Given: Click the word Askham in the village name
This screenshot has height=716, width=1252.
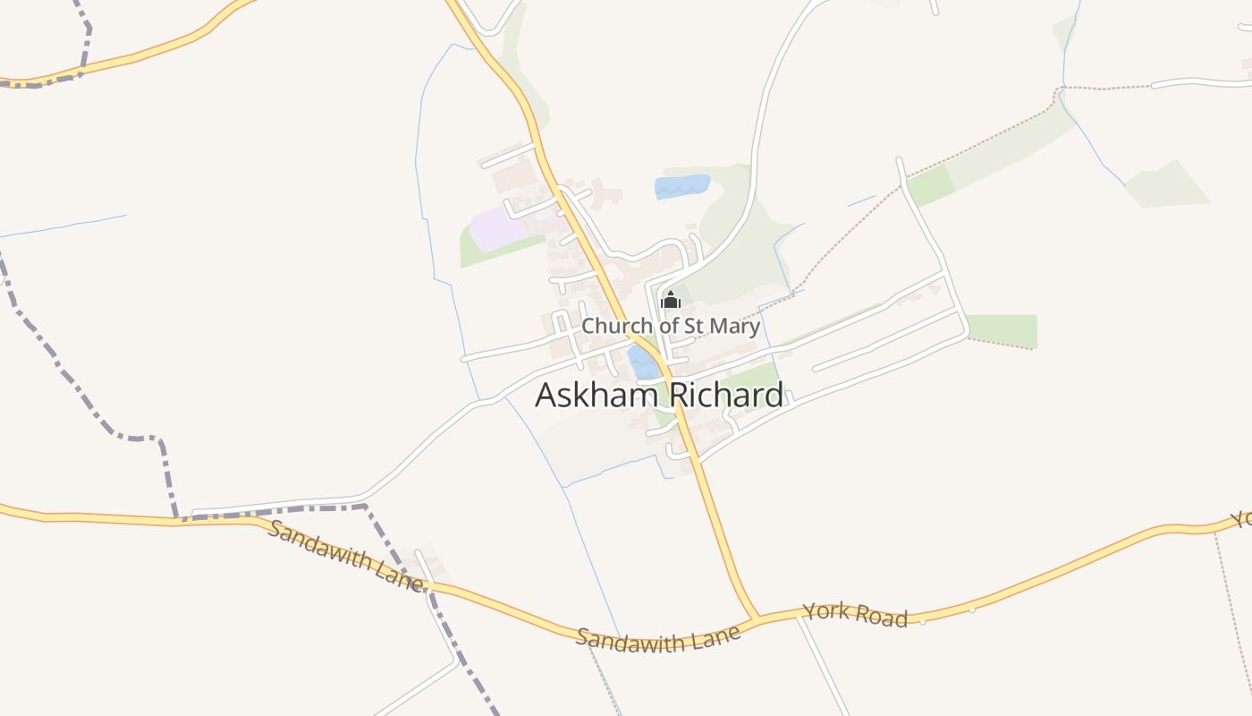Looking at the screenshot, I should (592, 395).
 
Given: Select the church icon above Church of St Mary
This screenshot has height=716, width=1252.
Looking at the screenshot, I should (670, 301).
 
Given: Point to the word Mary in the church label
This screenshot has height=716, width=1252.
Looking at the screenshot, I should (738, 326).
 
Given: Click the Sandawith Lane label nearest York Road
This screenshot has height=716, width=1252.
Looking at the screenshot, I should (658, 638).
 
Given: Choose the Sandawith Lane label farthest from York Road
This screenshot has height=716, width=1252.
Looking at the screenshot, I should (344, 554).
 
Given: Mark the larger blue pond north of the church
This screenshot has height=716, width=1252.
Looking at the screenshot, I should (681, 186).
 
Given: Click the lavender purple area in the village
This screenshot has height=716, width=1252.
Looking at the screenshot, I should (497, 227).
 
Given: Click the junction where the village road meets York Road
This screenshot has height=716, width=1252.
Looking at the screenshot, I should (757, 618).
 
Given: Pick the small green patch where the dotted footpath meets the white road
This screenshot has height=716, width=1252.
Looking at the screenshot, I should (930, 185).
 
